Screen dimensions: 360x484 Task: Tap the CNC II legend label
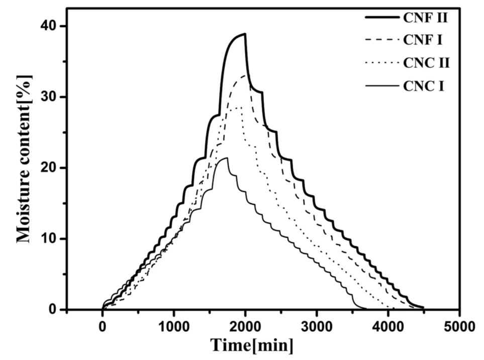426,63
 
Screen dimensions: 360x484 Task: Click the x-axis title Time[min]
252,346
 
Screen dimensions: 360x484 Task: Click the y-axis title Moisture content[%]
24,158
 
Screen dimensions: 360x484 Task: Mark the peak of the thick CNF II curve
244,34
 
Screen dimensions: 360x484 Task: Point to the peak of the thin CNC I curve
227,158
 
